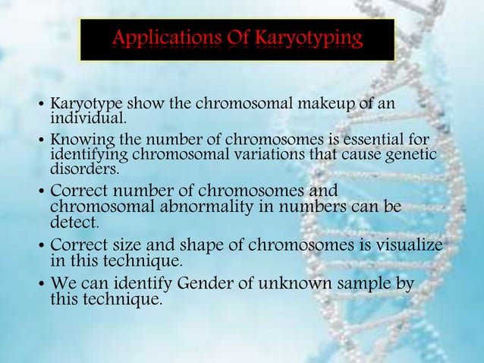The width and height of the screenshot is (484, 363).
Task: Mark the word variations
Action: tap(258, 155)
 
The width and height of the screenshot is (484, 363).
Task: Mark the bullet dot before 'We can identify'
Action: tap(42, 286)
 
